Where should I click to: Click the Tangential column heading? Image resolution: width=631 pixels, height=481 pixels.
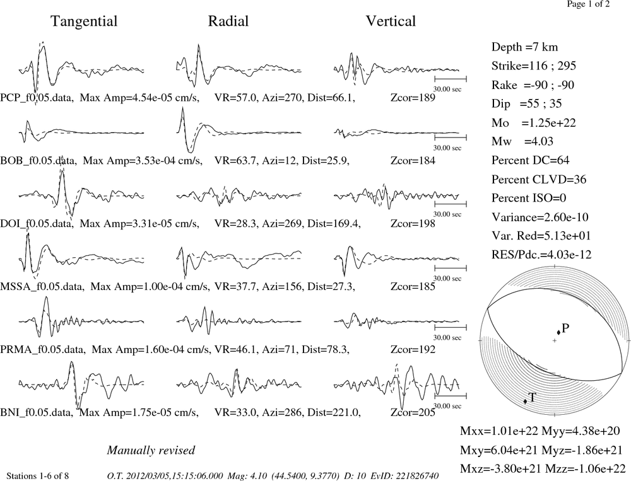pyautogui.click(x=84, y=21)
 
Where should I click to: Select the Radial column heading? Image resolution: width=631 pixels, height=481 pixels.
pyautogui.click(x=228, y=21)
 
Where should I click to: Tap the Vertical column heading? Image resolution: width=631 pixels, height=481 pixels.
pyautogui.click(x=391, y=21)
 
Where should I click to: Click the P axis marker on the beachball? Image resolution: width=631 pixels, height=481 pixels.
pyautogui.click(x=558, y=332)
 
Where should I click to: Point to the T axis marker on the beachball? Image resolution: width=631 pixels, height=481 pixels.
pyautogui.click(x=525, y=401)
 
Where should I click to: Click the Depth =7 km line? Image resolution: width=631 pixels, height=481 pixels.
pyautogui.click(x=525, y=47)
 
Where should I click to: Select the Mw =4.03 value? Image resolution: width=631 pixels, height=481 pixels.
pyautogui.click(x=522, y=142)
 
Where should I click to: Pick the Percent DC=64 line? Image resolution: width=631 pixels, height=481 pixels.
pyautogui.click(x=531, y=161)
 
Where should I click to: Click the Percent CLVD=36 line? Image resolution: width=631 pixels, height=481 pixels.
pyautogui.click(x=539, y=180)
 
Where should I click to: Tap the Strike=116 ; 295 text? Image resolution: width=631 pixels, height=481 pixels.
pyautogui.click(x=534, y=66)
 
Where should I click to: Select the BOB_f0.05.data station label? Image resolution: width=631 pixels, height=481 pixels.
pyautogui.click(x=38, y=161)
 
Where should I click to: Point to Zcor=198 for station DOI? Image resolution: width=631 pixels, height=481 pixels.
pyautogui.click(x=413, y=224)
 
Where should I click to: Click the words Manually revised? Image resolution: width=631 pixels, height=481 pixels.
pyautogui.click(x=151, y=451)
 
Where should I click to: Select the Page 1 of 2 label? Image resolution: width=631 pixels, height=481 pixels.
pyautogui.click(x=588, y=4)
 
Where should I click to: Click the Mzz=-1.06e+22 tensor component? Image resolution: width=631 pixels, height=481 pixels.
pyautogui.click(x=585, y=468)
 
